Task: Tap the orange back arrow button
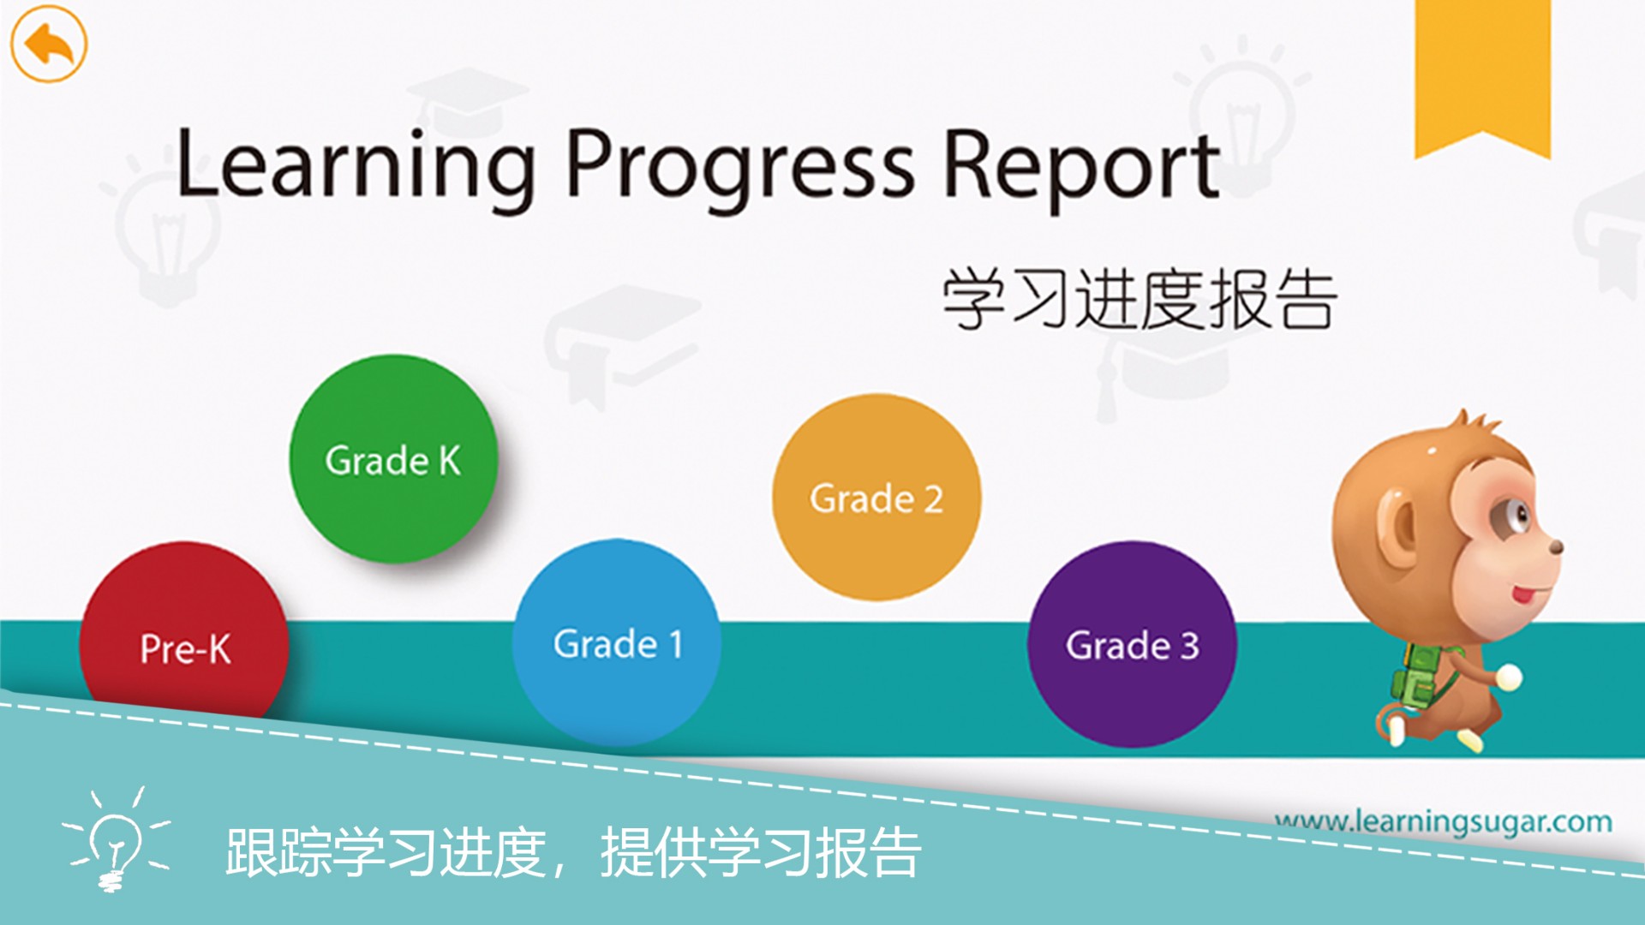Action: coord(49,44)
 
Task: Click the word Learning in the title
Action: coord(355,164)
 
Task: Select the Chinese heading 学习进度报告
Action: coord(1139,299)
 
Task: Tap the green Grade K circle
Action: coord(393,459)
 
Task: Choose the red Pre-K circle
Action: coord(184,638)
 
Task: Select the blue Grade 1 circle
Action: coord(616,642)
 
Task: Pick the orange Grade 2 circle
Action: coord(876,498)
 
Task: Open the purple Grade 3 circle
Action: coord(1131,644)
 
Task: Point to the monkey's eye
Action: coord(1521,515)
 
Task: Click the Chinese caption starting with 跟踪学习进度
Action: coord(572,852)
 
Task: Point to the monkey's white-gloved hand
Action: coord(1509,677)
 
